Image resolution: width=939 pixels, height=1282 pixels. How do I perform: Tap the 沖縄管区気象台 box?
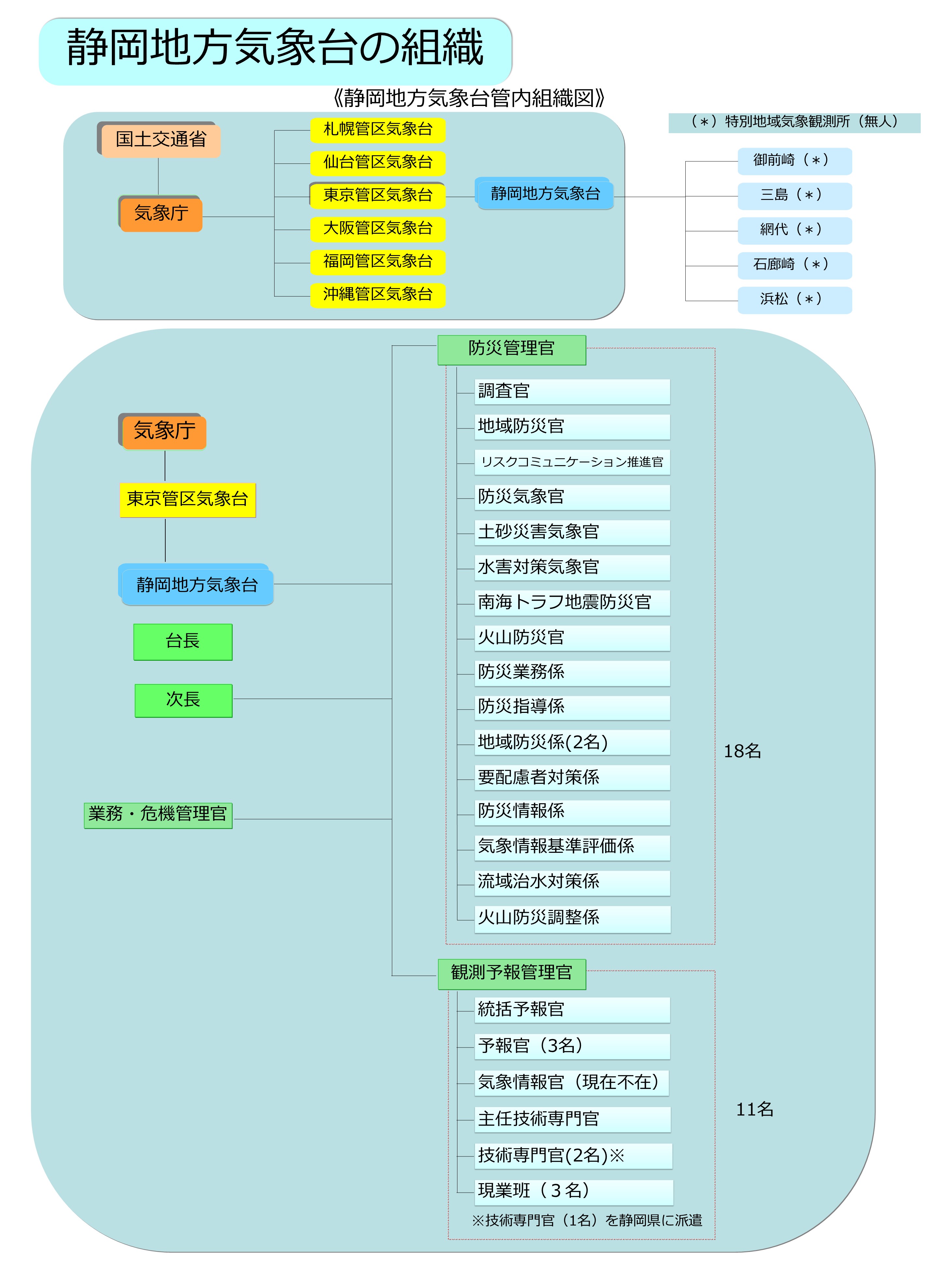(x=378, y=295)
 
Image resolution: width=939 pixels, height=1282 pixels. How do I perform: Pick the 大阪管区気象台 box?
(x=378, y=229)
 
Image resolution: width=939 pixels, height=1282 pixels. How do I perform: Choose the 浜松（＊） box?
(x=795, y=300)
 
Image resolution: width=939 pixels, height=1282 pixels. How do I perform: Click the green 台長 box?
(x=183, y=642)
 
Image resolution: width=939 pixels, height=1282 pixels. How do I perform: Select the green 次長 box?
(x=184, y=701)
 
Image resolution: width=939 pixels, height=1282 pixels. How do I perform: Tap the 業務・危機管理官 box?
(x=158, y=815)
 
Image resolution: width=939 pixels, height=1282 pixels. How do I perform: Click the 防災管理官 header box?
(x=512, y=350)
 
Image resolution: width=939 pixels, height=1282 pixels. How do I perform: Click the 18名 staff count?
(x=742, y=752)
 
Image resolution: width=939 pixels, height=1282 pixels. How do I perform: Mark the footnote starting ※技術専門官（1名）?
(x=587, y=1221)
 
